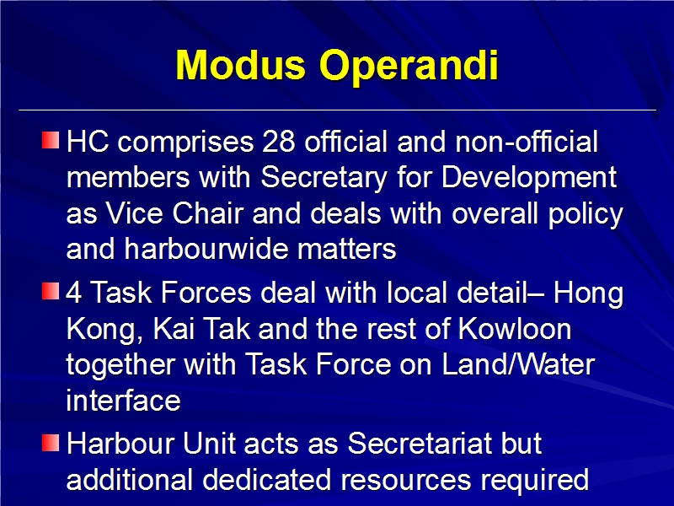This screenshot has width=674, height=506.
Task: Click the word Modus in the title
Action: (x=241, y=65)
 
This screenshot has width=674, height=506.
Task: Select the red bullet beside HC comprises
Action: (x=51, y=140)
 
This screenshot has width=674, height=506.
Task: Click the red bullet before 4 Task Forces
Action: (x=51, y=291)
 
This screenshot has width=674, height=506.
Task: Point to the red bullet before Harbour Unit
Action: (x=51, y=443)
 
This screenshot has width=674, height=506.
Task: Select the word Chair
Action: (x=208, y=213)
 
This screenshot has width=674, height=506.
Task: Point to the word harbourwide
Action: (x=206, y=249)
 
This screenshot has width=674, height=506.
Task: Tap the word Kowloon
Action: (x=515, y=329)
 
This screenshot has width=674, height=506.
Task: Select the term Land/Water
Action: (x=518, y=365)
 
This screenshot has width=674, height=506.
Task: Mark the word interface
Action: (x=123, y=401)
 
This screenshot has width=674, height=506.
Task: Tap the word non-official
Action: (x=527, y=142)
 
